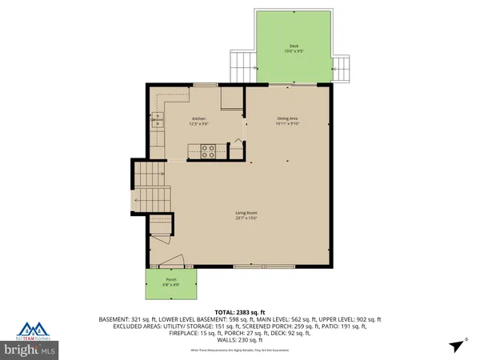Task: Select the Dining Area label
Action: tap(286, 118)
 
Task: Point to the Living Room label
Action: tap(246, 213)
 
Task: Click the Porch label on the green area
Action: tap(171, 279)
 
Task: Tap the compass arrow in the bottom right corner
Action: tap(456, 344)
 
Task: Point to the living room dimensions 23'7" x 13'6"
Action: tap(246, 218)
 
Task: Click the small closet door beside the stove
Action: tap(236, 144)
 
